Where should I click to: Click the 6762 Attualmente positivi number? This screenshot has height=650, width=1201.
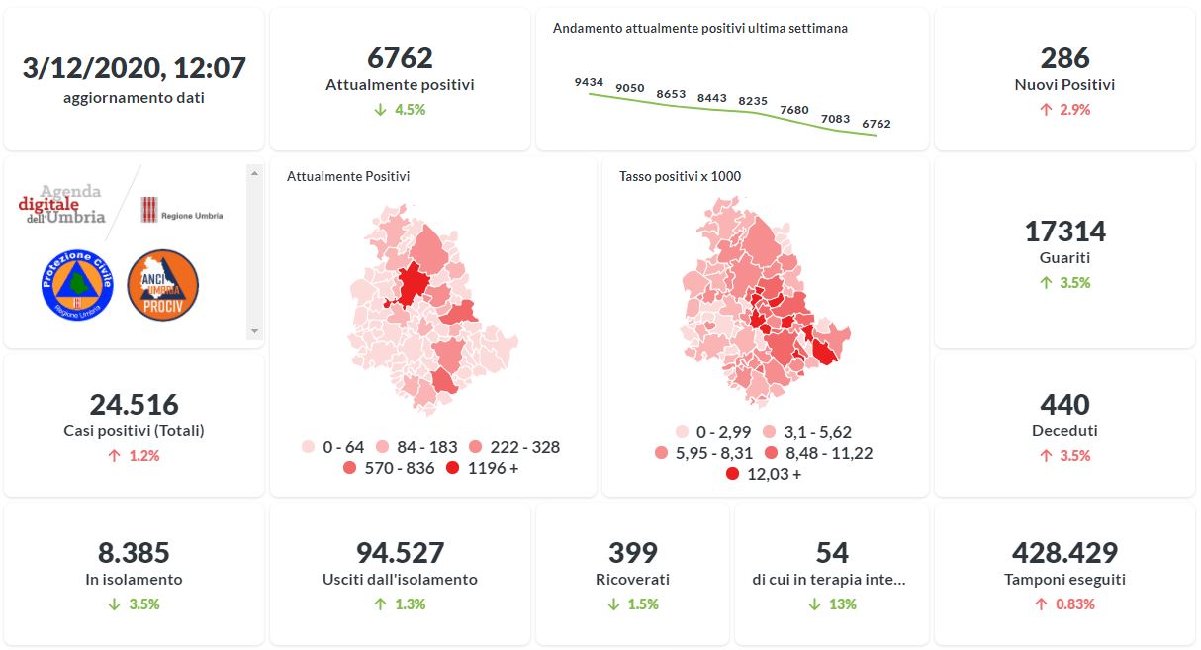[x=400, y=58]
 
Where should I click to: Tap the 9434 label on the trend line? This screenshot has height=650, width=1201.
[x=589, y=82]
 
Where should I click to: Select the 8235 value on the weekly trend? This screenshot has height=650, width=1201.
[x=753, y=101]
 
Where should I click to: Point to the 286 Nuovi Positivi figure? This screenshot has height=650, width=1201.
[x=1064, y=58]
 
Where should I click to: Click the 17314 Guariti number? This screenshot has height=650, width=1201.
[x=1064, y=232]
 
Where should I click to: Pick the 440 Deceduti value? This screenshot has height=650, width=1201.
[x=1064, y=405]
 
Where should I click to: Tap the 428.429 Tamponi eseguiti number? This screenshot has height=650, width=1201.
[x=1064, y=553]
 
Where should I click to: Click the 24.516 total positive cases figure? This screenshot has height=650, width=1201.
[x=134, y=405]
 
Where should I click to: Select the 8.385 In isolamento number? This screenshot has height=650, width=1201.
[x=134, y=553]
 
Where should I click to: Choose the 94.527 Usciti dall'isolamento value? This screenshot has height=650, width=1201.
[x=400, y=553]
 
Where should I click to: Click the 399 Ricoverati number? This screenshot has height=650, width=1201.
[x=632, y=553]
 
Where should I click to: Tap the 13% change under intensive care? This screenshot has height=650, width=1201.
[x=842, y=604]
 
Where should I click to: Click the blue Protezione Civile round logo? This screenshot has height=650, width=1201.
[x=77, y=285]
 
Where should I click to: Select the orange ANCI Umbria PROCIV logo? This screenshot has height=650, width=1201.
[x=163, y=285]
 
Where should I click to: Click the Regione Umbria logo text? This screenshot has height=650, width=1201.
[x=191, y=216]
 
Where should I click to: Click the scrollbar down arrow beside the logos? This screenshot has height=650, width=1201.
[x=254, y=331]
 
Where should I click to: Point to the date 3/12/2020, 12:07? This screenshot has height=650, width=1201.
[x=134, y=68]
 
